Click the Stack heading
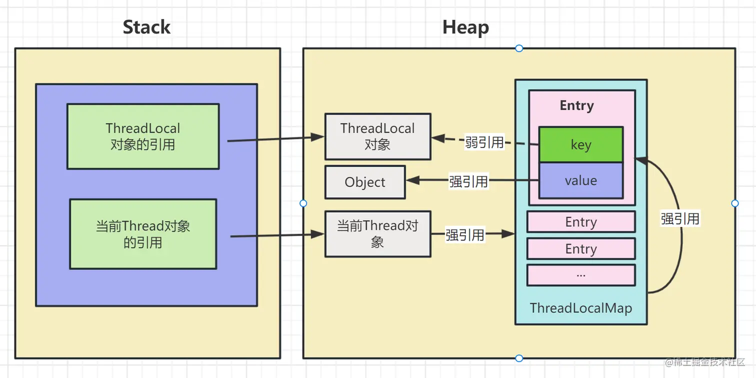tap(146, 27)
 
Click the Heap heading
tap(465, 27)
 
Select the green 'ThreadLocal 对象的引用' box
tap(143, 136)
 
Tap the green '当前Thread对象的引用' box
tap(143, 234)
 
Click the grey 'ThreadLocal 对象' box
tap(377, 136)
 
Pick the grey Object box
tap(365, 182)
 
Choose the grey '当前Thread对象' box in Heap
tap(377, 233)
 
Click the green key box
tap(580, 144)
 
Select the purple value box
tap(580, 180)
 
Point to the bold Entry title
tap(576, 105)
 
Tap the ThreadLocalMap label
tap(580, 308)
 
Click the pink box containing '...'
tap(580, 274)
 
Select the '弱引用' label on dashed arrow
tap(484, 142)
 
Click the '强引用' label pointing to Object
tap(468, 181)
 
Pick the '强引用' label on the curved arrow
tap(679, 218)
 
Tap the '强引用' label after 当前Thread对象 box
tap(465, 234)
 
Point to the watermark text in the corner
tap(705, 361)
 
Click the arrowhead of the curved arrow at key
tap(640, 160)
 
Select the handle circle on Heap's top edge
tap(519, 48)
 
